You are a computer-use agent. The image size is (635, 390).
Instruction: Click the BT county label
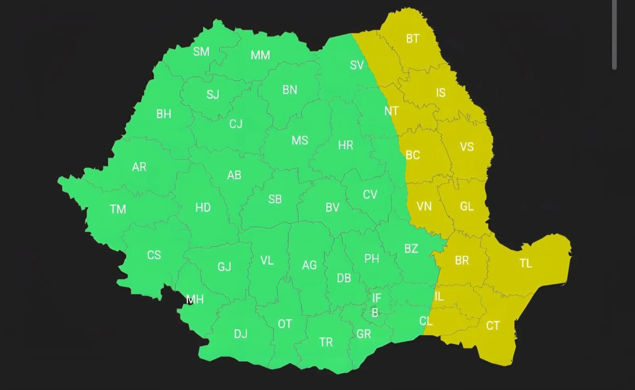(x=412, y=39)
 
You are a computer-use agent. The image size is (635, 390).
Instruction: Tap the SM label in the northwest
(x=201, y=52)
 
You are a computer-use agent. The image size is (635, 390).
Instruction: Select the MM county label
(x=260, y=55)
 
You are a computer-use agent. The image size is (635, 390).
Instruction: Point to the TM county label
(x=118, y=209)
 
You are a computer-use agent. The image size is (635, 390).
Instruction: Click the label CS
(x=154, y=255)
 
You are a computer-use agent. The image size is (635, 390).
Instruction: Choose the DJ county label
(x=241, y=334)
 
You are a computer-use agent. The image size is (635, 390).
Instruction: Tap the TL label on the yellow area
(x=526, y=263)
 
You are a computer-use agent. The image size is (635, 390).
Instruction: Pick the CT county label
(x=493, y=326)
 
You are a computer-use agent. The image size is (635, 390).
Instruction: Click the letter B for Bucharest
(x=375, y=313)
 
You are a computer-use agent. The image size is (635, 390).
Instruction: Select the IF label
(x=377, y=298)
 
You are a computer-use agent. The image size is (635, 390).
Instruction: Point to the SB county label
(x=275, y=199)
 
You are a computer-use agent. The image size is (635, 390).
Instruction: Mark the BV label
(x=332, y=208)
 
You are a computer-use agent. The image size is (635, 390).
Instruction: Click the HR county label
(x=345, y=145)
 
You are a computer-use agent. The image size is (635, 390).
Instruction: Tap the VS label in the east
(x=467, y=147)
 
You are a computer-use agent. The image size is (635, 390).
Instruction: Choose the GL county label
(x=467, y=207)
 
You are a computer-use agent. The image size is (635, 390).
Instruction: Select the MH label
(x=195, y=299)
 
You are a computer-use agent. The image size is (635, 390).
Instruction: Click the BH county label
(x=164, y=114)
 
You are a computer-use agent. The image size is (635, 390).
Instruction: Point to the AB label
(x=234, y=175)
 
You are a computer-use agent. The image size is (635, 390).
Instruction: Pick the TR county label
(x=326, y=342)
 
